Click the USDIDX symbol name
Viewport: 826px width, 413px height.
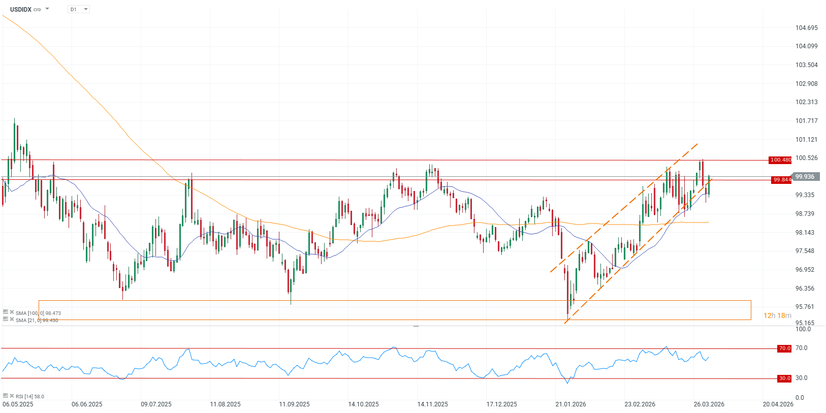pyautogui.click(x=21, y=9)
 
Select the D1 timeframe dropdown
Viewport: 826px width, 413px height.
pyautogui.click(x=78, y=9)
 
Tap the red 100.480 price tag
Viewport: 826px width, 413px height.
pyautogui.click(x=780, y=160)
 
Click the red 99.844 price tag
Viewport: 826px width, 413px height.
pyautogui.click(x=781, y=180)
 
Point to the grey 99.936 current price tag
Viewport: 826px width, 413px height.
pyautogui.click(x=805, y=177)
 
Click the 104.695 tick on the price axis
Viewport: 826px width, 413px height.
pyautogui.click(x=806, y=28)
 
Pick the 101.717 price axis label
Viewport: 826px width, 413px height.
pyautogui.click(x=806, y=121)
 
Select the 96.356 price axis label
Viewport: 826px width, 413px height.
pyautogui.click(x=805, y=289)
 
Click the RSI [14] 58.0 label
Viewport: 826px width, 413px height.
pyautogui.click(x=29, y=396)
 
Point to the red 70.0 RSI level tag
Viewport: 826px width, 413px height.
pyautogui.click(x=784, y=348)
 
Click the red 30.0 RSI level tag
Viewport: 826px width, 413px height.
pyautogui.click(x=784, y=378)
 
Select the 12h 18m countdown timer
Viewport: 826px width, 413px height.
pyautogui.click(x=777, y=315)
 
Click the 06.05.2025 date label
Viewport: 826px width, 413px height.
pyautogui.click(x=18, y=404)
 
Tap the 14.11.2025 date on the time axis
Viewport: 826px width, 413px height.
pyautogui.click(x=432, y=404)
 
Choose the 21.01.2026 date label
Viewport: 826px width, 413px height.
pyautogui.click(x=570, y=404)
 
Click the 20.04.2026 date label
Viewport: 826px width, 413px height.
pyautogui.click(x=778, y=404)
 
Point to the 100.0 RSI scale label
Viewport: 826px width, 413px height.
pyautogui.click(x=803, y=329)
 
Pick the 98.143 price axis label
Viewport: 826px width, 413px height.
pyautogui.click(x=805, y=233)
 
